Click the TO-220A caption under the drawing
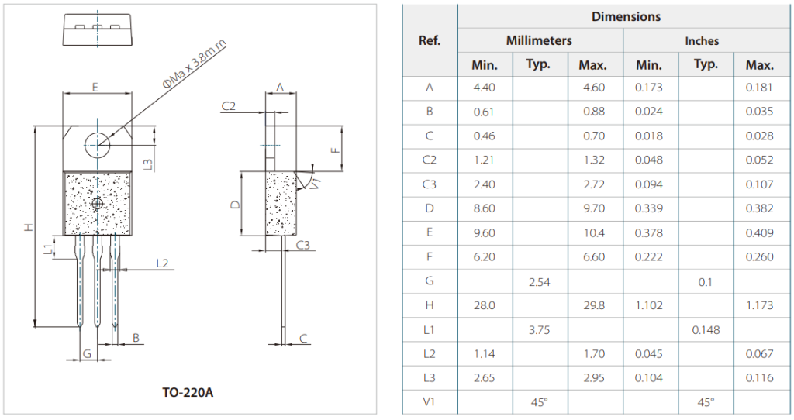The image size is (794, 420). tap(188, 392)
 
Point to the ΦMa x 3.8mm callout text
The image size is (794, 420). tap(195, 64)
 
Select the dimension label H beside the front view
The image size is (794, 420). tap(29, 227)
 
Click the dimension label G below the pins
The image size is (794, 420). tap(87, 353)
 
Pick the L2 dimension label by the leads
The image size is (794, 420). tap(162, 263)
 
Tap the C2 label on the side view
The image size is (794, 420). tap(229, 105)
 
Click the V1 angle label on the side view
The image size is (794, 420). tap(315, 183)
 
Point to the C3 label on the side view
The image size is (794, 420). tap(303, 245)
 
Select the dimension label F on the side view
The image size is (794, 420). tap(334, 150)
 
